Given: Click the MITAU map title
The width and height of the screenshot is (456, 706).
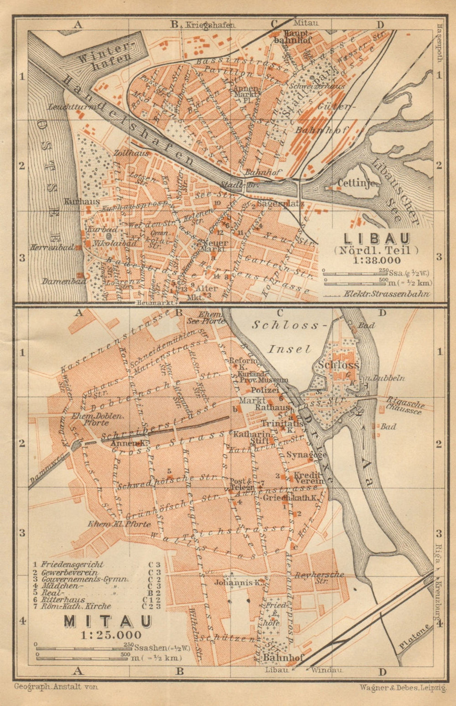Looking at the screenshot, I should tap(102, 622).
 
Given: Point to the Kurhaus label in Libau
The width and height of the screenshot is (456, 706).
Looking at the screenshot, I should tap(76, 200).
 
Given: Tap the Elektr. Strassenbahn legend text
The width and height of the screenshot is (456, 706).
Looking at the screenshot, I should tap(388, 294).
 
